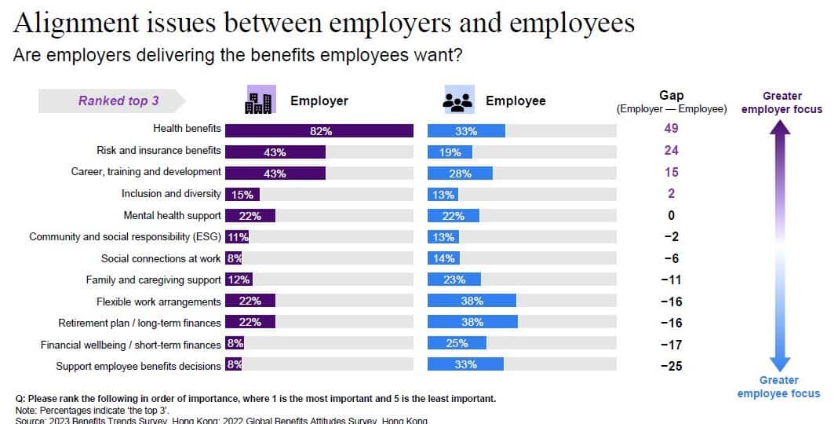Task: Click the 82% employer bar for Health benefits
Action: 319,131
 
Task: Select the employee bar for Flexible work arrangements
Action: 472,301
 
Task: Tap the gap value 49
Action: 670,129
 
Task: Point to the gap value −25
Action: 670,366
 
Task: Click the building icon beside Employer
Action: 260,100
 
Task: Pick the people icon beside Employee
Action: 457,101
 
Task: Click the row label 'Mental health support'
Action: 172,215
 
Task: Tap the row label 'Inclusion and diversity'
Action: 171,193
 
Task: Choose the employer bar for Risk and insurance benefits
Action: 275,152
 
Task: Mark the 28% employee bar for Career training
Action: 460,174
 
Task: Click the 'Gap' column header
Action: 671,96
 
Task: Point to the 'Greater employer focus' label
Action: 782,103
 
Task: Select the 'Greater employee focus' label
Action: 778,387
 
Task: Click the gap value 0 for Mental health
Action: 671,215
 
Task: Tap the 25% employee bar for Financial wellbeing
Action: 457,343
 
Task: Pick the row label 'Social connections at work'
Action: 161,258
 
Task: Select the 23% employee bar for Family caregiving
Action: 454,280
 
